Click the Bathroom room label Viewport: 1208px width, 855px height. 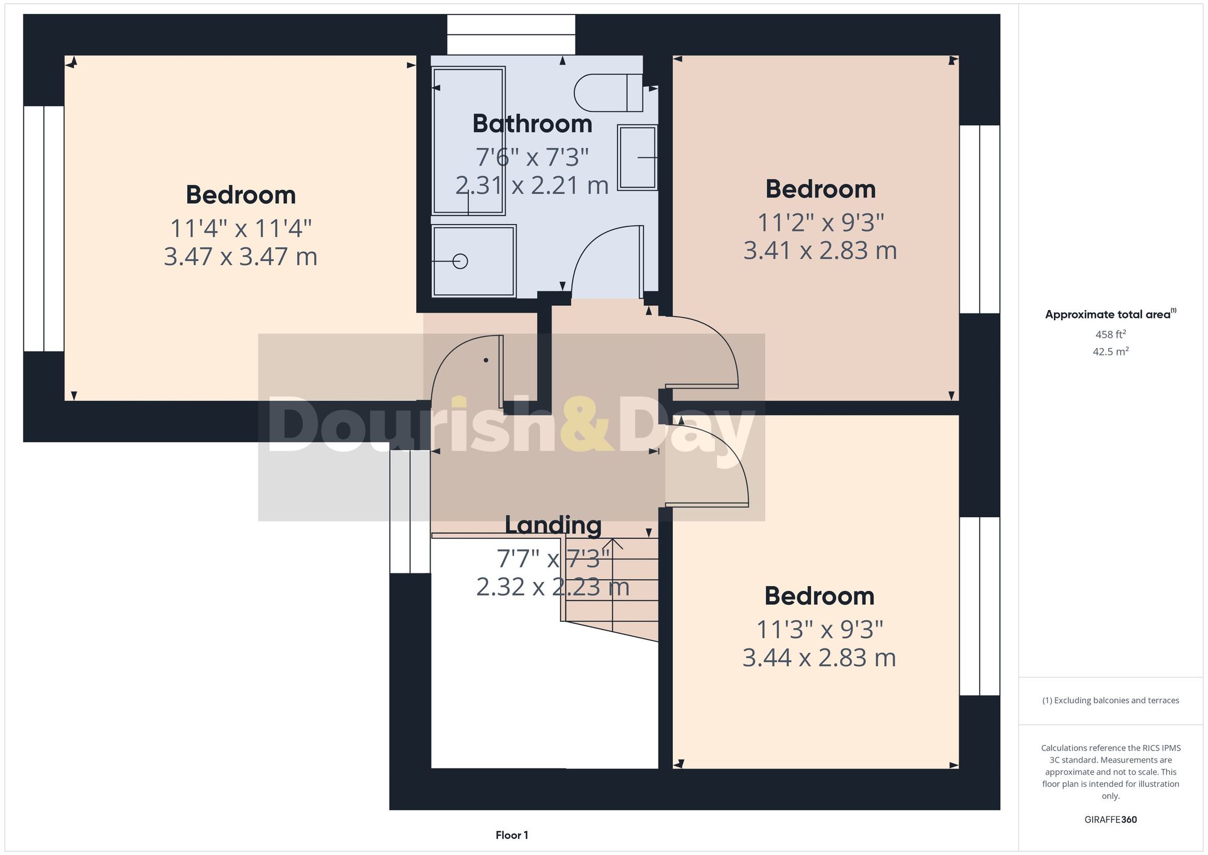tap(532, 124)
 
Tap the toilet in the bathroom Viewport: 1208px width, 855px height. tap(607, 93)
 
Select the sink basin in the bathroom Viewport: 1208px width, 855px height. tap(637, 157)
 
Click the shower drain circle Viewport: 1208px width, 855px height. tap(460, 261)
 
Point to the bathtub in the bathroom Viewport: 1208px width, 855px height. tap(469, 141)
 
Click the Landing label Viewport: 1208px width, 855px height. tap(553, 524)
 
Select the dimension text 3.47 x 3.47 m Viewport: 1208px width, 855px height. tap(240, 257)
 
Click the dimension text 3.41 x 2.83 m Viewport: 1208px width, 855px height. tap(820, 250)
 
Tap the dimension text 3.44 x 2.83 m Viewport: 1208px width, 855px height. tap(818, 657)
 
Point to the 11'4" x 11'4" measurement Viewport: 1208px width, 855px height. tap(240, 228)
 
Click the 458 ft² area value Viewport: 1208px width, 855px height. tap(1110, 334)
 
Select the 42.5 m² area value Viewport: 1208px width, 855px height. tap(1110, 351)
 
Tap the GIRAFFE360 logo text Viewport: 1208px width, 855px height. tap(1110, 819)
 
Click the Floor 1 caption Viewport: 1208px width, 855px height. tap(512, 835)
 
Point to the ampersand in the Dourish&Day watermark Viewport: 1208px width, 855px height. tap(586, 425)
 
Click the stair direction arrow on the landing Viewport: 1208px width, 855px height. tap(612, 544)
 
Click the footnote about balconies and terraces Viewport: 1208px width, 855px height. tap(1110, 700)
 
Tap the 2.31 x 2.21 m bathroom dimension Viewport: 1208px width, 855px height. tap(532, 185)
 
